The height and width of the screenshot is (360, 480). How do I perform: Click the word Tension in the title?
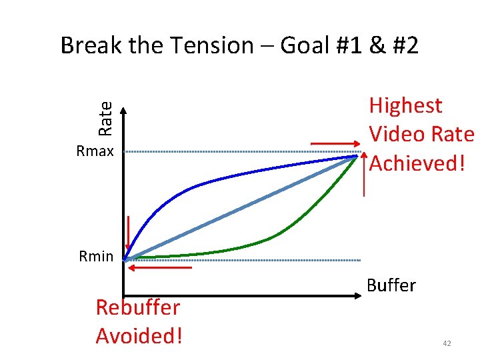point(211,46)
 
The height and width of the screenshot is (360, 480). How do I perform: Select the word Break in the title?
point(91,46)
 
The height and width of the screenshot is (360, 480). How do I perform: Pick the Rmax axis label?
point(95,151)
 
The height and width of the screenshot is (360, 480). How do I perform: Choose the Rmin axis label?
point(96,256)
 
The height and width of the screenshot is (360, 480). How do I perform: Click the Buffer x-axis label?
point(391,285)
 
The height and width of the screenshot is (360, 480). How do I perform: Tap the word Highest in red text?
point(405,105)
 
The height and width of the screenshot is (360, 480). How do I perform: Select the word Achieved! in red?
point(417,162)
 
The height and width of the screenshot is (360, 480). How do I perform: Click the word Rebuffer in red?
point(137,307)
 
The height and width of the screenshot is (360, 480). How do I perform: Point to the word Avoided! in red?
point(139,335)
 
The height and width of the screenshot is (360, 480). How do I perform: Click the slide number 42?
point(447,343)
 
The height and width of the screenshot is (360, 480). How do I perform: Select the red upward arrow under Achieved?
point(364,173)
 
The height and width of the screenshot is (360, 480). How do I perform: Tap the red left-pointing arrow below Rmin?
point(160,267)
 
